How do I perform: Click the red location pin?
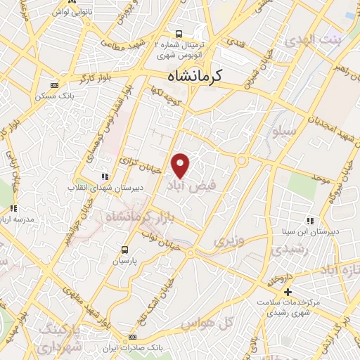[x=181, y=165]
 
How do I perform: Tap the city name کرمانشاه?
[x=191, y=76]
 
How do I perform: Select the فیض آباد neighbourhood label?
[x=187, y=186]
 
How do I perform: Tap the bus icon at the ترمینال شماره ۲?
[x=179, y=33]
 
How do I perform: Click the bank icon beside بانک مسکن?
[x=55, y=84]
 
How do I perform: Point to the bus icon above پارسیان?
[x=125, y=249]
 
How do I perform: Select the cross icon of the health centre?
[x=287, y=292]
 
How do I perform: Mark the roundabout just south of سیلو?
[x=241, y=161]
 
